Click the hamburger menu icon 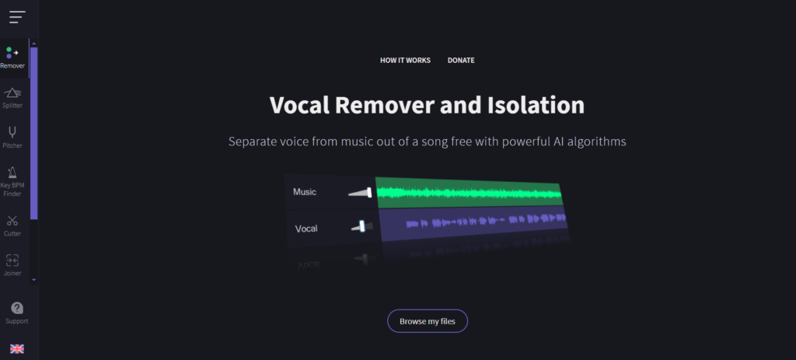[17, 17]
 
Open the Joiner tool [12, 264]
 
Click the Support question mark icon [17, 308]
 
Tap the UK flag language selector [17, 349]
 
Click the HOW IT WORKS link [405, 61]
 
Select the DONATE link [461, 61]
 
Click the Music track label [305, 192]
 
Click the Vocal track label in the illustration [306, 229]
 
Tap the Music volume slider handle [369, 192]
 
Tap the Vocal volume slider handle [362, 226]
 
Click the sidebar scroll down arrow [34, 279]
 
